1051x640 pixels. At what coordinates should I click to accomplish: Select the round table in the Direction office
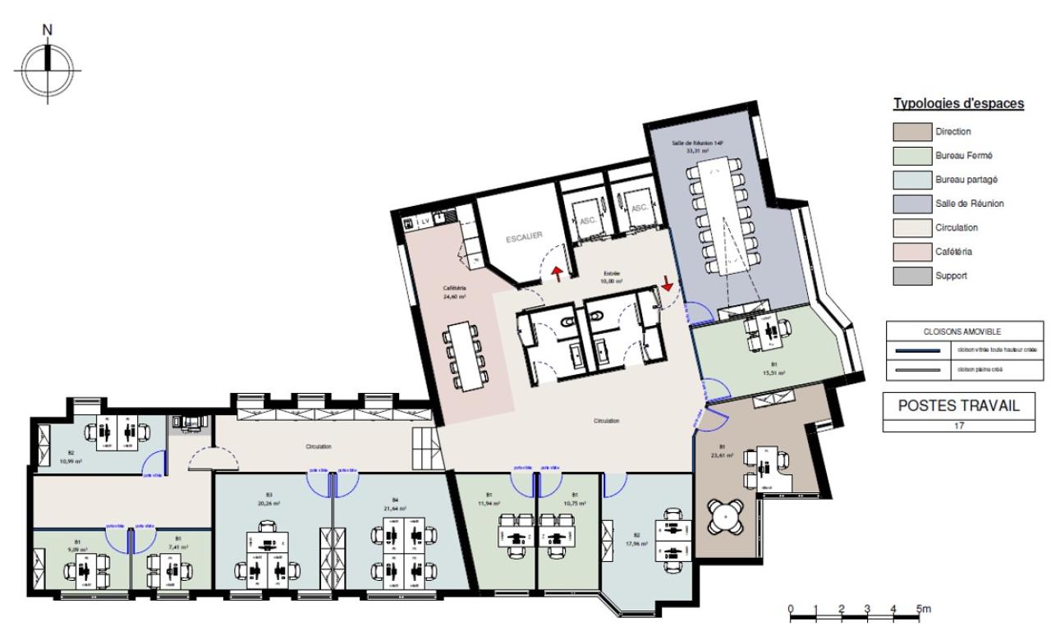[727, 516]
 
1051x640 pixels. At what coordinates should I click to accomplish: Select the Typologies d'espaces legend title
[958, 104]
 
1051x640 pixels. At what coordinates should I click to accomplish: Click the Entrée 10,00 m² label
[610, 277]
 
